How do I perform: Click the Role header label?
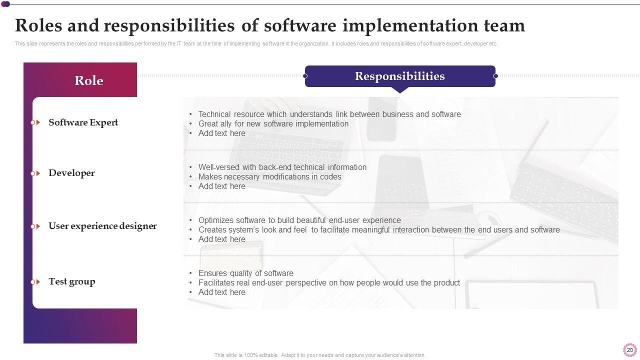click(x=89, y=80)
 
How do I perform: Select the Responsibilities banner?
click(x=400, y=76)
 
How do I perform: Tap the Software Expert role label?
click(x=83, y=122)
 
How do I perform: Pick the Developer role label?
click(x=71, y=173)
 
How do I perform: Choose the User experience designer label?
click(x=102, y=226)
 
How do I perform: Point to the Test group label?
click(x=71, y=281)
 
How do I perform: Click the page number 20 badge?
click(x=629, y=350)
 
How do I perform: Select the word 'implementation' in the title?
click(x=410, y=25)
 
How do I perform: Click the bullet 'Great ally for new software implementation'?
click(x=273, y=123)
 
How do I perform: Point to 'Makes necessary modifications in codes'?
click(x=269, y=177)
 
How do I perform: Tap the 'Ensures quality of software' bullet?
click(x=245, y=273)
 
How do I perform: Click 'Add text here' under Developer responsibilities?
click(x=221, y=186)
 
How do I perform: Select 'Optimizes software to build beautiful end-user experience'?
click(x=299, y=220)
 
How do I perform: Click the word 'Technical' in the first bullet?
click(x=214, y=114)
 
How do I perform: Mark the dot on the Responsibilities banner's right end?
click(x=495, y=76)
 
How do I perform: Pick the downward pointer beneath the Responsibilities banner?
click(x=400, y=89)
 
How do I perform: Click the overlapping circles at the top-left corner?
click(x=5, y=4)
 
